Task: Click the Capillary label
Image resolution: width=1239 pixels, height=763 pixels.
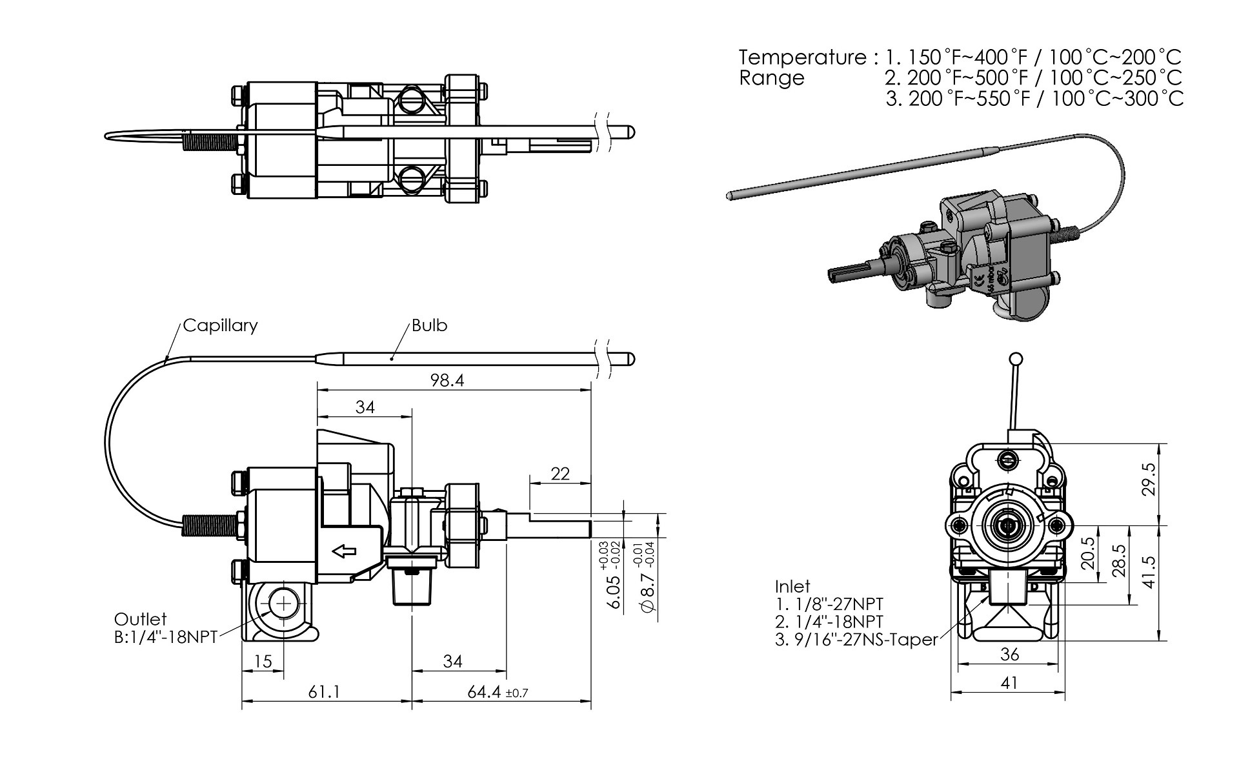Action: [220, 325]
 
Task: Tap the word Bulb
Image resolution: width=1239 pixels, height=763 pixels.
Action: [429, 325]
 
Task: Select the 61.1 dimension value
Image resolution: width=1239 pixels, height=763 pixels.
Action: [324, 692]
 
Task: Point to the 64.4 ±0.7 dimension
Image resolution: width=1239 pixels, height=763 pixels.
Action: [498, 693]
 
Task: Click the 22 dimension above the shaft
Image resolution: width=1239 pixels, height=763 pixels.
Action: [560, 474]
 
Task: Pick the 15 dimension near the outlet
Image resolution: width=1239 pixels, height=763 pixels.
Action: [263, 662]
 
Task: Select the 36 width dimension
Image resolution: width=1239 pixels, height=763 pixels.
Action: [1009, 655]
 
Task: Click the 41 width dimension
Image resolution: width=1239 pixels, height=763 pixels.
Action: [1009, 682]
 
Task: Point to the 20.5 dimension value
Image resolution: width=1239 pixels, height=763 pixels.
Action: [1088, 553]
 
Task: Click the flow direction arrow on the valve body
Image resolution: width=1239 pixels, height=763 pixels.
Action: [344, 551]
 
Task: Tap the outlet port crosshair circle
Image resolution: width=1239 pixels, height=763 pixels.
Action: [283, 604]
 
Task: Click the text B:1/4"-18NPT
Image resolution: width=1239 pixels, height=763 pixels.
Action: [166, 636]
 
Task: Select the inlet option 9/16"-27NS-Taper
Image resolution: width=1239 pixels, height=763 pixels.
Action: [856, 640]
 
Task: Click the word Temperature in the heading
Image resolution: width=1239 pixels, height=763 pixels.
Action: [803, 57]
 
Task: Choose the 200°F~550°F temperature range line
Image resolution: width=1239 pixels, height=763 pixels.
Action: [1035, 99]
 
